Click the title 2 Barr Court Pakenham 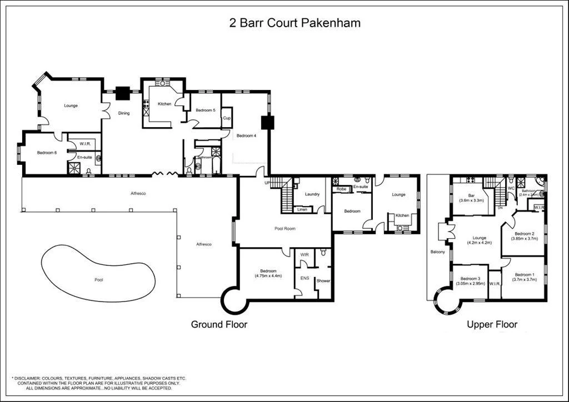(x=295, y=23)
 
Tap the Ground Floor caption (x=219, y=324)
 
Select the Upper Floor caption (x=492, y=324)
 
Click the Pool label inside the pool (x=99, y=280)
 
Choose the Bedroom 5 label (x=206, y=110)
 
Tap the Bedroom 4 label (x=246, y=135)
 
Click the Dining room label (x=123, y=113)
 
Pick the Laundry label (x=312, y=194)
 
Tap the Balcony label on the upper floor (x=438, y=252)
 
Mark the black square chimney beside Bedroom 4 (x=268, y=122)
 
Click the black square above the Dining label (x=122, y=94)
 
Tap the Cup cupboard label (x=227, y=118)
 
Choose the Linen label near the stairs (x=302, y=209)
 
